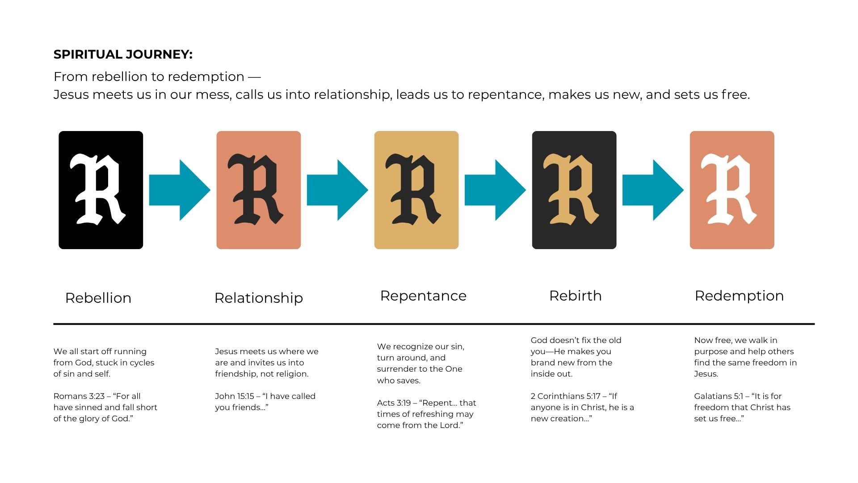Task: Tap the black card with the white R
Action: coord(101,190)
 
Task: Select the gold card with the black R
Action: coord(416,190)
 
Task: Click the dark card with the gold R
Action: coord(574,190)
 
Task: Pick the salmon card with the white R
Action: coord(732,190)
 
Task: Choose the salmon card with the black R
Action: coord(259,190)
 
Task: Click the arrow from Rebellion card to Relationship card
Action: coord(180,190)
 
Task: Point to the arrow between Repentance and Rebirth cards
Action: coord(495,190)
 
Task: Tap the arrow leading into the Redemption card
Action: coord(653,190)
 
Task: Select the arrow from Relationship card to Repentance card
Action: coord(337,190)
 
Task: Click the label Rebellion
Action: coord(98,298)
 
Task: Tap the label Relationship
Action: coord(259,298)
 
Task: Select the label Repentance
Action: coord(423,296)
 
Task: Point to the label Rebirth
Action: coord(576,296)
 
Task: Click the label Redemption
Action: coord(739,296)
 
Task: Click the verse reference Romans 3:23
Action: coord(79,396)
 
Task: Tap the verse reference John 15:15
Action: coord(235,396)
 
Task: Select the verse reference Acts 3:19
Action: coord(394,403)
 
